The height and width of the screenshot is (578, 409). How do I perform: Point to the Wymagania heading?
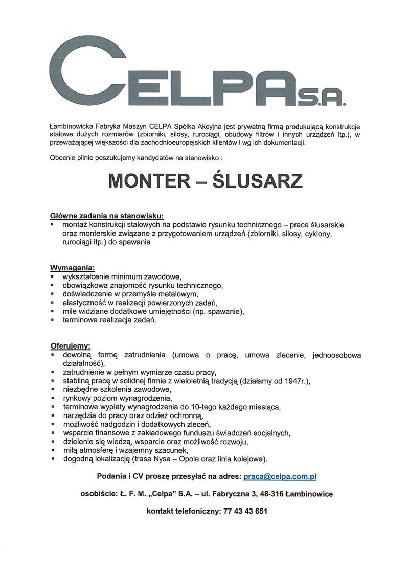point(72,268)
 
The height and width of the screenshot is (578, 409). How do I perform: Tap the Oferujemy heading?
point(70,345)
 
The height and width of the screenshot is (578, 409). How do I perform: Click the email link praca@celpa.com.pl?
point(280,476)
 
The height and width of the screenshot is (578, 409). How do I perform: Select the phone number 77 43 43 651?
point(245,511)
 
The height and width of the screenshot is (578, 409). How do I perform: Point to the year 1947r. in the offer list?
point(296,380)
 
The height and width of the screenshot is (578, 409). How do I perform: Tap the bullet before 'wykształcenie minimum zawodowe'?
point(53,277)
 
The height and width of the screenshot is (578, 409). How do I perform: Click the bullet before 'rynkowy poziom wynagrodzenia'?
point(53,398)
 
